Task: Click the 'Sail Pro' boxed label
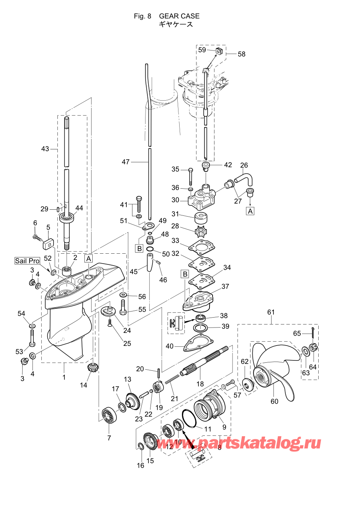coord(27,261)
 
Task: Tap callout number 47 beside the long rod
coord(126,162)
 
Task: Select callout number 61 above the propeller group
coord(271,312)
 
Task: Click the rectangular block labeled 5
coord(48,242)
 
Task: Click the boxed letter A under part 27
coord(250,211)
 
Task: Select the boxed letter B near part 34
coord(185,274)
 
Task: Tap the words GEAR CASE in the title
coord(179,16)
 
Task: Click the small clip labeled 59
coord(219,51)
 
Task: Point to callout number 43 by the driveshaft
coord(45,149)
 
